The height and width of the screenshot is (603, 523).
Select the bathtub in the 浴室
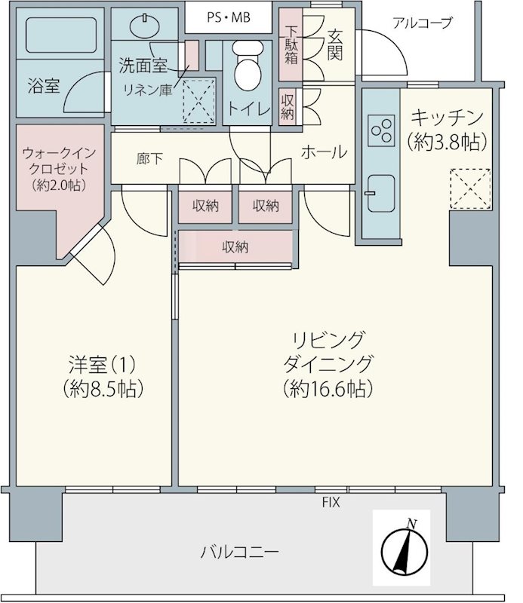(61, 35)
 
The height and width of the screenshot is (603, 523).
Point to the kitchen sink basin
(381, 194)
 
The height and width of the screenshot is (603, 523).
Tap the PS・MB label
(229, 17)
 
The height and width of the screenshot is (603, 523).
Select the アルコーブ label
(422, 23)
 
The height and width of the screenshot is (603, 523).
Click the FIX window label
(331, 502)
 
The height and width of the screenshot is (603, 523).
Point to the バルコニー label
(239, 553)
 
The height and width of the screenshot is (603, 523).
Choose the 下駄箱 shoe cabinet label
(291, 45)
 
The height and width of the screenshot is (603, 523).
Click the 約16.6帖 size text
(328, 389)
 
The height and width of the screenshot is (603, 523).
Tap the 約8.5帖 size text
(103, 388)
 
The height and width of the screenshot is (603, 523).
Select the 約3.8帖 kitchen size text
(447, 142)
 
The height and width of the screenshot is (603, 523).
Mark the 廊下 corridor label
(149, 159)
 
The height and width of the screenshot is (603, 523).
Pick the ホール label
(324, 152)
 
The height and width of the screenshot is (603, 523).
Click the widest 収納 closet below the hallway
(235, 247)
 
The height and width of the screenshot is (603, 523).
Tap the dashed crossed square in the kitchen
(470, 189)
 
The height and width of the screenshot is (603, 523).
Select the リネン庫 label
(147, 90)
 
